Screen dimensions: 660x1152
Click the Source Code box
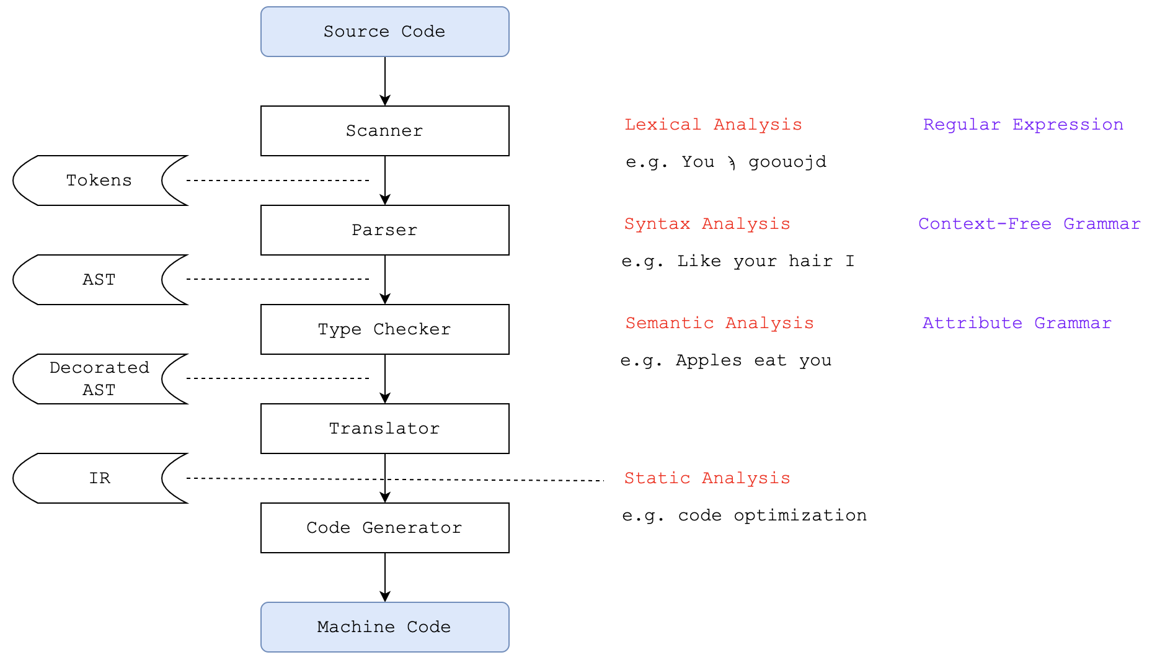click(384, 32)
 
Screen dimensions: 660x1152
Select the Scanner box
click(384, 131)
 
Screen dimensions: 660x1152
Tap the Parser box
click(384, 230)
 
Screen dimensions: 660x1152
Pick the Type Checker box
click(384, 329)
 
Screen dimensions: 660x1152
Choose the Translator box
click(384, 429)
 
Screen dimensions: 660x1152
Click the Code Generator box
click(384, 528)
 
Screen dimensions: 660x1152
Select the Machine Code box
click(384, 627)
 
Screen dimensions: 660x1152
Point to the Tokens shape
click(99, 181)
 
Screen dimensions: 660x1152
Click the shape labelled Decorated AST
click(99, 379)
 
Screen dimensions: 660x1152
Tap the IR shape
click(99, 478)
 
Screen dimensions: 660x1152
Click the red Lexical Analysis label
click(713, 125)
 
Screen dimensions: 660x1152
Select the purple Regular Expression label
click(1023, 125)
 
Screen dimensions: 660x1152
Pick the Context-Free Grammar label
click(1029, 224)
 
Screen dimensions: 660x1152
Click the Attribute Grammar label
click(1017, 323)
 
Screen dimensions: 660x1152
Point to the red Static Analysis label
click(707, 478)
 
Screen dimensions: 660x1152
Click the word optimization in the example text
click(800, 515)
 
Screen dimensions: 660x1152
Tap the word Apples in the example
click(708, 360)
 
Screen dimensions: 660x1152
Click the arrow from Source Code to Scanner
click(385, 81)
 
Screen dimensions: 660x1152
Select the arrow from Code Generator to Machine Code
click(385, 577)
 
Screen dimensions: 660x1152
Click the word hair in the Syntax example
click(810, 261)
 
